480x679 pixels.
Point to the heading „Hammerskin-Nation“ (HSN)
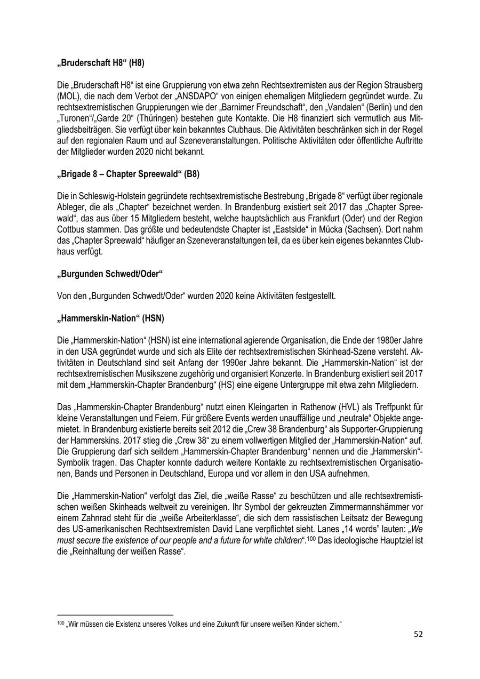pos(110,318)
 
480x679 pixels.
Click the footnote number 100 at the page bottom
pos(60,623)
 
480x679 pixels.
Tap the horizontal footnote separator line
pos(115,614)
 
